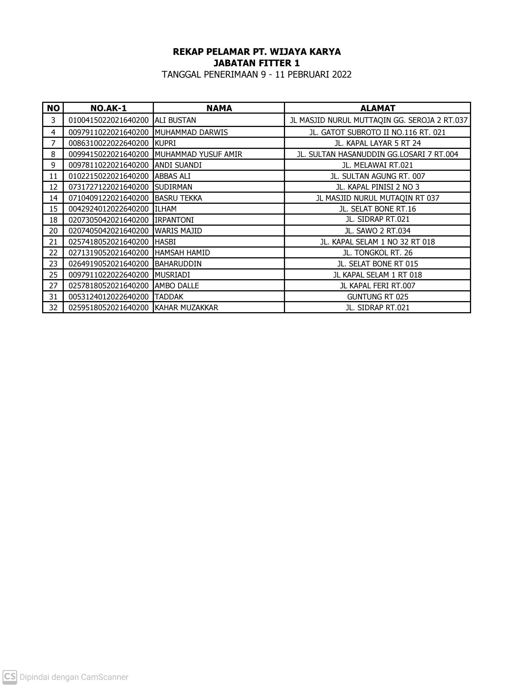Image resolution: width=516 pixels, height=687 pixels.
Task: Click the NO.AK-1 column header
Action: (x=108, y=108)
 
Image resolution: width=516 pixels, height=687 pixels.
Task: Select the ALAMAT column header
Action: (x=377, y=108)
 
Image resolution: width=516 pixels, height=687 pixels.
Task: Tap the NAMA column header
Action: (x=219, y=108)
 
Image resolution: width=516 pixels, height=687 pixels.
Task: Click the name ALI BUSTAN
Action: (x=175, y=120)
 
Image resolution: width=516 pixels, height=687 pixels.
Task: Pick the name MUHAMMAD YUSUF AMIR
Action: (x=198, y=154)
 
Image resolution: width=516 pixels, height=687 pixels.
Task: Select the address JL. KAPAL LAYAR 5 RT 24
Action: (x=377, y=143)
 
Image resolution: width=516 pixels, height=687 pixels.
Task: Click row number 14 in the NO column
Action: (x=53, y=198)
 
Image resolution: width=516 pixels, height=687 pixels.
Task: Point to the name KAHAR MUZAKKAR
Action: (x=186, y=307)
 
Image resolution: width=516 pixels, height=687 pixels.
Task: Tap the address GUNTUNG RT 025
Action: (x=377, y=297)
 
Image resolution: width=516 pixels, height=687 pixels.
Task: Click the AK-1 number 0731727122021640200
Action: (x=108, y=187)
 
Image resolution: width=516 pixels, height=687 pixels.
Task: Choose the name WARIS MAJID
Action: (x=178, y=231)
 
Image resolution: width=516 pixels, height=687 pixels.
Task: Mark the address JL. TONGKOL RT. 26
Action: (x=377, y=253)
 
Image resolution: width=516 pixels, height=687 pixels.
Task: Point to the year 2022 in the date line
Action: (x=341, y=75)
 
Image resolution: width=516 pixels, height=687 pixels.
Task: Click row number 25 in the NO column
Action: (x=53, y=275)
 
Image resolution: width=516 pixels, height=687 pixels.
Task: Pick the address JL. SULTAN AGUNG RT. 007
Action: (x=377, y=176)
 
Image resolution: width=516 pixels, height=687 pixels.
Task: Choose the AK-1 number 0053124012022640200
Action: (x=108, y=297)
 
